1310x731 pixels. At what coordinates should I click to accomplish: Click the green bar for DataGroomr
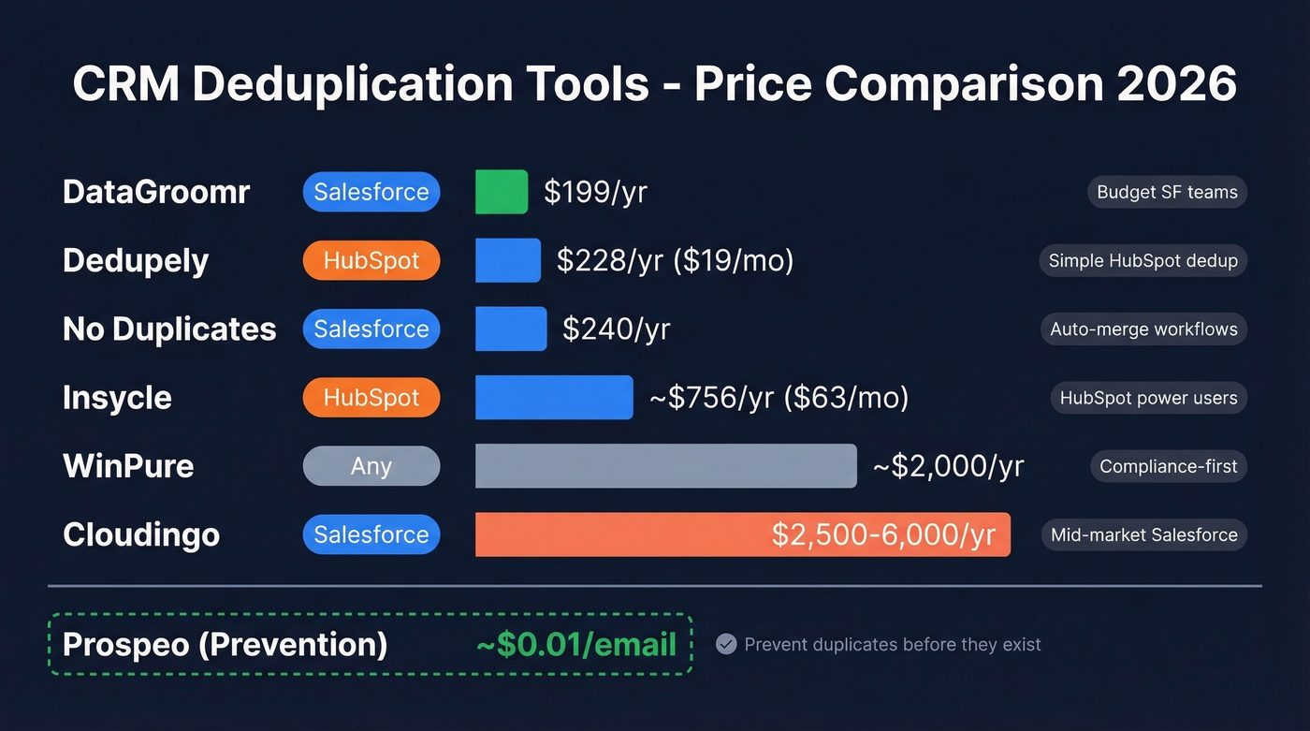coord(502,192)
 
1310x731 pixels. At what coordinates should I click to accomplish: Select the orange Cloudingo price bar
coord(742,534)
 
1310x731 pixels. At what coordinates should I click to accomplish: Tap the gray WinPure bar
coord(665,466)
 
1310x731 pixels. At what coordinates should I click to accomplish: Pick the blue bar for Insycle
coord(554,398)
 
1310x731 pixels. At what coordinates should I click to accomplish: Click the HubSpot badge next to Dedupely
coord(371,261)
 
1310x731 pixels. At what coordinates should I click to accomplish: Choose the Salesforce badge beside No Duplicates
coord(371,329)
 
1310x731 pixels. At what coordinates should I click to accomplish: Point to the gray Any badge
coord(371,466)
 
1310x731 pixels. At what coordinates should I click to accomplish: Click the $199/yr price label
coord(595,193)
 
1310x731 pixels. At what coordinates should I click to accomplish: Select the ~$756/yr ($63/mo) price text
coord(779,398)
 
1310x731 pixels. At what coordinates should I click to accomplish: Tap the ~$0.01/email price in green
coord(576,645)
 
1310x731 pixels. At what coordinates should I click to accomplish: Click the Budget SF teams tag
coord(1167,193)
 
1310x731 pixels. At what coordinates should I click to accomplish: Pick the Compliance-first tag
coord(1168,466)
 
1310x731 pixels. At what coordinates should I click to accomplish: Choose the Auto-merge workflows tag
coord(1143,329)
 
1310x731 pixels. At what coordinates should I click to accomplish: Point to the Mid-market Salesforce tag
coord(1143,535)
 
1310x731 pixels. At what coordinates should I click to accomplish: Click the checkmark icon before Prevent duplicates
coord(726,644)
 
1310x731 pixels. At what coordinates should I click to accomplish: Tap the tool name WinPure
coord(128,466)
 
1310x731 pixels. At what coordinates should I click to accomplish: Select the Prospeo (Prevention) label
coord(225,645)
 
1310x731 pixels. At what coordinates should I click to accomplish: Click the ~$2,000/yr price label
coord(948,466)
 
